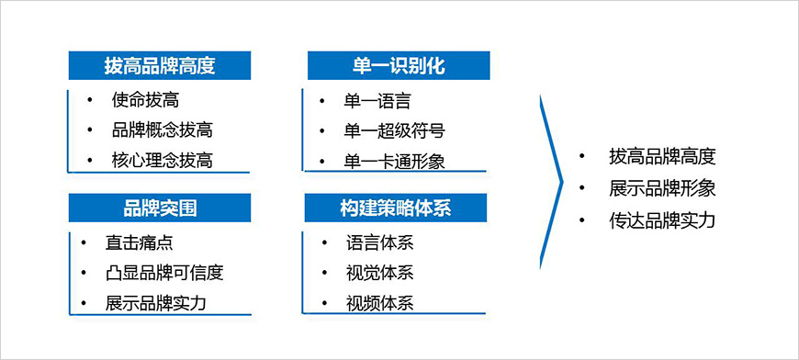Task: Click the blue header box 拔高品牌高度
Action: click(160, 66)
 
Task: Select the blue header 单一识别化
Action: click(398, 66)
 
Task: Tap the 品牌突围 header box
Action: click(160, 208)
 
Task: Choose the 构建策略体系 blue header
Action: click(397, 208)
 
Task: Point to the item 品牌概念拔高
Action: click(163, 129)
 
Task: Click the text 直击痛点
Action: click(139, 243)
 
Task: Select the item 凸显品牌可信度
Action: click(164, 273)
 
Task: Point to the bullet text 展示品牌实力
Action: click(155, 303)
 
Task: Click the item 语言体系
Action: click(379, 243)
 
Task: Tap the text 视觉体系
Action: click(379, 273)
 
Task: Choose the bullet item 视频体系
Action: click(379, 303)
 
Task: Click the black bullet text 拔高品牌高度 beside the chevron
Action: click(661, 156)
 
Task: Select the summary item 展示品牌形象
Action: click(661, 188)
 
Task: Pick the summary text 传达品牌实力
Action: click(661, 220)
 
